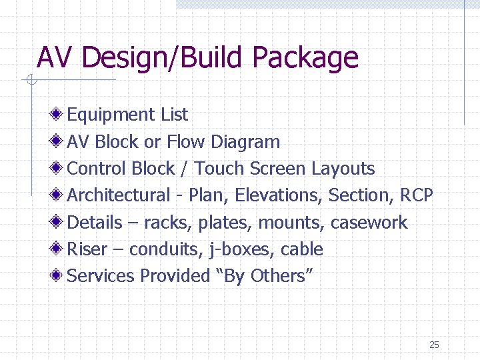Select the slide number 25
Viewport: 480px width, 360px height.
(x=434, y=345)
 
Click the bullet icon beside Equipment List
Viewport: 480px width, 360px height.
(x=59, y=115)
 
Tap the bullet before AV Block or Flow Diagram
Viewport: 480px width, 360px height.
(x=59, y=141)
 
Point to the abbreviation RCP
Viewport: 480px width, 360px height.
(x=417, y=195)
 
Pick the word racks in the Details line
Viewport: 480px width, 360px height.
(x=165, y=223)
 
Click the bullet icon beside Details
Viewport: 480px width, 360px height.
(x=59, y=222)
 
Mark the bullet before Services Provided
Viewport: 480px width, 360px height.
(x=59, y=275)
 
